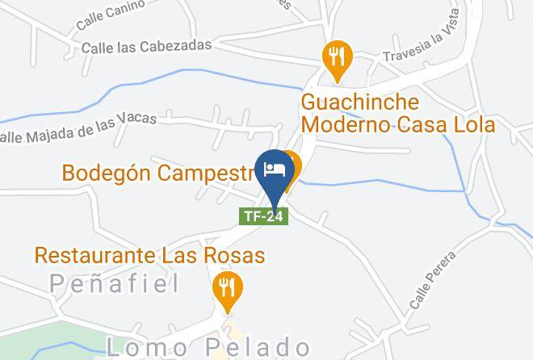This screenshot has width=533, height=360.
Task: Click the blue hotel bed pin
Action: tap(272, 172)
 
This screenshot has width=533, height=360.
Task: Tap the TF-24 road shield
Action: tap(264, 216)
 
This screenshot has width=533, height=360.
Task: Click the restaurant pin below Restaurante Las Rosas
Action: tap(229, 290)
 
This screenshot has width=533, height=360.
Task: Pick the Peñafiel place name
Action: tap(114, 283)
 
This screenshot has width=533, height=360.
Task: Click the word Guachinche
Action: tap(360, 103)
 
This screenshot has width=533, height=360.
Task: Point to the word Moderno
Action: tap(344, 125)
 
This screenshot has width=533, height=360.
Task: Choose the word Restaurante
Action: tap(94, 256)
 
